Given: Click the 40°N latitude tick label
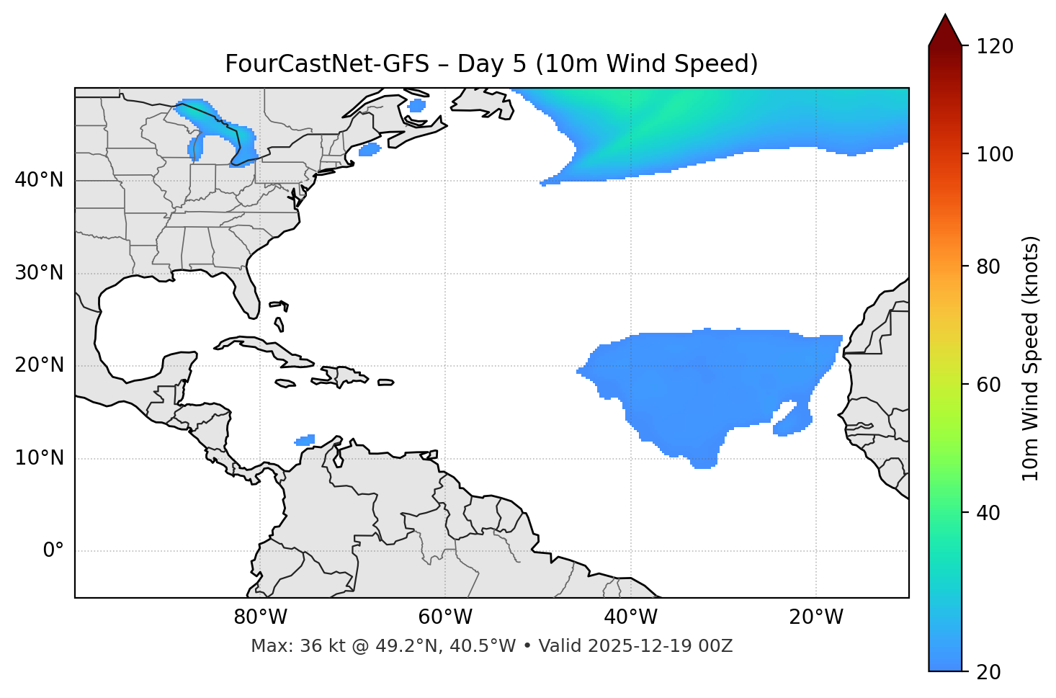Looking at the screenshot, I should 39,180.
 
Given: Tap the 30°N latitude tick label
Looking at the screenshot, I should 39,273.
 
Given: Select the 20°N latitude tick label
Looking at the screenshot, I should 39,366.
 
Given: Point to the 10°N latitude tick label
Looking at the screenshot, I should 39,458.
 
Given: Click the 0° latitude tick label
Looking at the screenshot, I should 53,551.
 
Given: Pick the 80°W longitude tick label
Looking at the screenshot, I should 260,617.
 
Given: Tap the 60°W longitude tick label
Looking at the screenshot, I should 445,617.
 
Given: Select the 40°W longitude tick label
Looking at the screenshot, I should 631,617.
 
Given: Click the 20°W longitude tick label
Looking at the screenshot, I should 816,617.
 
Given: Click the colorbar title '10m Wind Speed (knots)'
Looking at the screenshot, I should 1031,359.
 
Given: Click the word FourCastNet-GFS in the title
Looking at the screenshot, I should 327,64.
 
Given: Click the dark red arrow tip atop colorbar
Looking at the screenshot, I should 945,29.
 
